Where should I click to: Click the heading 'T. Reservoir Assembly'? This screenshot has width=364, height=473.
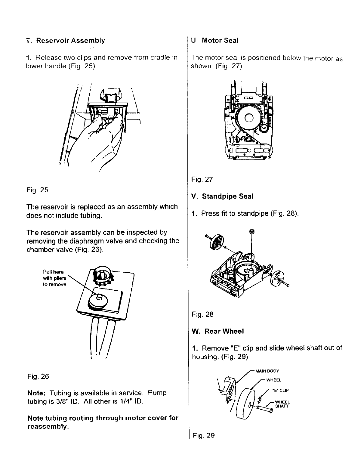tap(66, 41)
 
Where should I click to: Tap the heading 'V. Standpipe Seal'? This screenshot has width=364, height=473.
tap(223, 196)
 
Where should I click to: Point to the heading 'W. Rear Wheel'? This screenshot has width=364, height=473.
tap(218, 331)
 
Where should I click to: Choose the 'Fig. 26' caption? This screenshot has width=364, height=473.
tap(38, 376)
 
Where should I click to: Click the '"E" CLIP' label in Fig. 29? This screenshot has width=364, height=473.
tap(280, 391)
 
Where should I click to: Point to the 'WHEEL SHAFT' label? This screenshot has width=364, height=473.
tap(282, 404)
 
